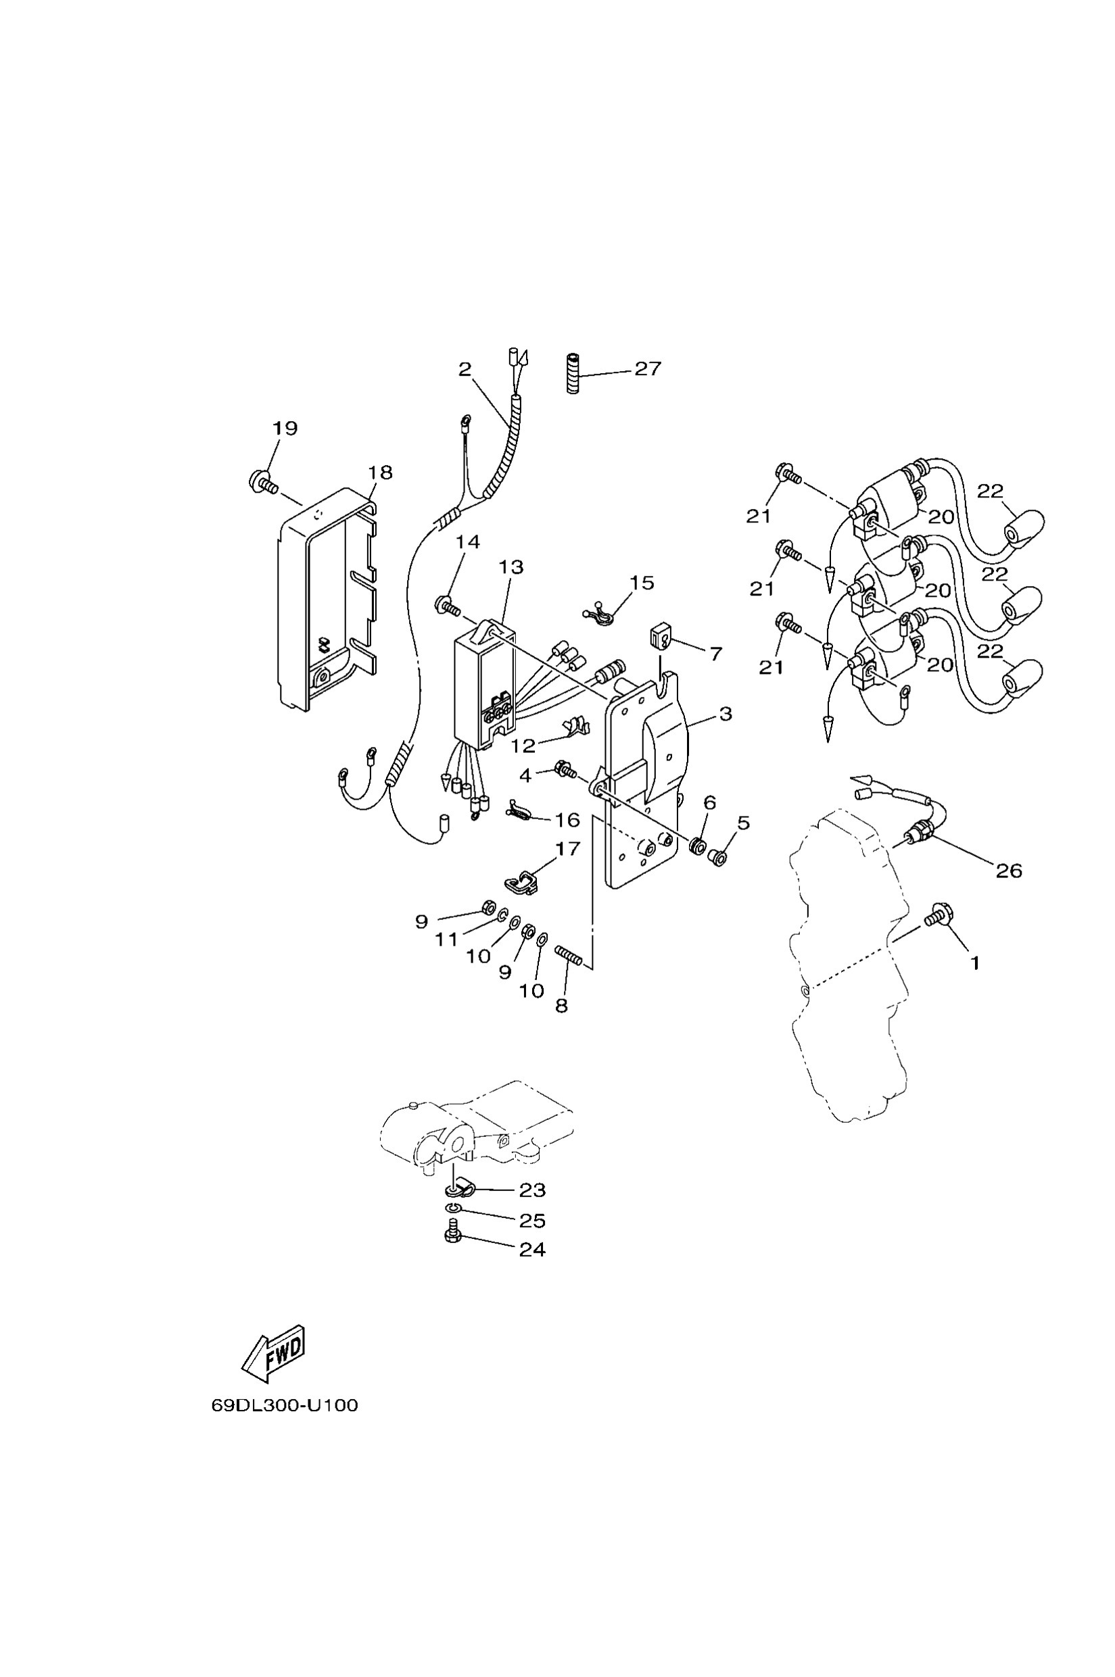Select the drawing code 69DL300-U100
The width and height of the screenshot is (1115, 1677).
coord(285,1405)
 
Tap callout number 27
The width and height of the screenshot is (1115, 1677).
coord(648,368)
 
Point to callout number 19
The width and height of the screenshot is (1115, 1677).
coord(285,428)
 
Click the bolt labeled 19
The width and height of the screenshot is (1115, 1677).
coord(262,482)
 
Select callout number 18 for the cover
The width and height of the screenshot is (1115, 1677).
coord(381,472)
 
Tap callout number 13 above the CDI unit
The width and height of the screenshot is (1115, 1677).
coord(511,567)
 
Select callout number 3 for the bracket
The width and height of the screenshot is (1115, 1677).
coord(725,714)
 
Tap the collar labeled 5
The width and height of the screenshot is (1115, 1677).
coord(718,858)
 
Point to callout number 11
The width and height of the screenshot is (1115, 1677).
coord(446,940)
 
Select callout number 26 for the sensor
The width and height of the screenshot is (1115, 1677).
coord(1007,870)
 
